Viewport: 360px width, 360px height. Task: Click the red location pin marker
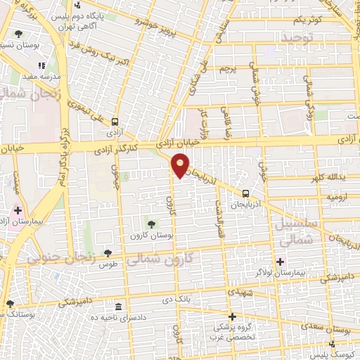[181, 166]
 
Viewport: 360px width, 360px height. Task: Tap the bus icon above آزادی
[115, 120]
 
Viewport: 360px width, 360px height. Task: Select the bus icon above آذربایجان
[245, 193]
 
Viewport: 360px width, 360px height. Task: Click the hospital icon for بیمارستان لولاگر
[280, 262]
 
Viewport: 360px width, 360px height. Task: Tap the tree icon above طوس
[108, 253]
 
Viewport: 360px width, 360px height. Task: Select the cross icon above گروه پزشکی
[232, 316]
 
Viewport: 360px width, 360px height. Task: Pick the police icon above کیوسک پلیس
[332, 344]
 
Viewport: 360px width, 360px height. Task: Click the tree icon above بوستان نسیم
[18, 34]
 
